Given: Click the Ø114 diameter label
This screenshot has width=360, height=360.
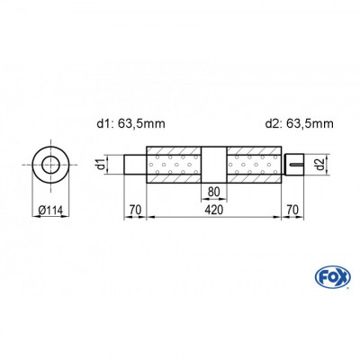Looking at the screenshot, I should tap(52, 211).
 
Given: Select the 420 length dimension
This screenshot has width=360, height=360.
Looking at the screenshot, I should tap(213, 212).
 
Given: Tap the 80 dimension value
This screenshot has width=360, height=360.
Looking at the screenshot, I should tap(213, 190).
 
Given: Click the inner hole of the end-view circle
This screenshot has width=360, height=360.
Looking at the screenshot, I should tap(52, 164).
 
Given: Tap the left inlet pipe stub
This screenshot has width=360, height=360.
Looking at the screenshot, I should tap(135, 164).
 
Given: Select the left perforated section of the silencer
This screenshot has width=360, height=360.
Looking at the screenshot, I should tap(175, 164).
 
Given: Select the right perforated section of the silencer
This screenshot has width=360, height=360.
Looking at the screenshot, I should tap(253, 164).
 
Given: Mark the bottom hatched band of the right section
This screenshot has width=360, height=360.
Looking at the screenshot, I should tap(253, 178).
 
